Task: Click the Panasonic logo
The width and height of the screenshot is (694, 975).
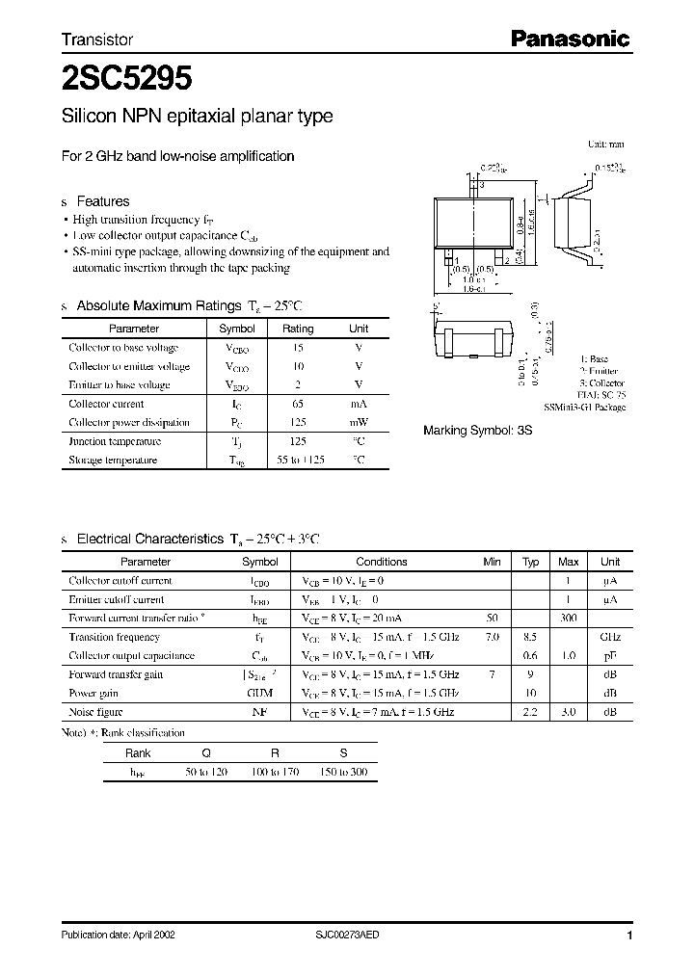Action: pos(570,40)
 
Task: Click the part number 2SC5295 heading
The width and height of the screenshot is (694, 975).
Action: pos(126,77)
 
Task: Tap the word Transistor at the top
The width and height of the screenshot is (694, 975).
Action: pos(97,40)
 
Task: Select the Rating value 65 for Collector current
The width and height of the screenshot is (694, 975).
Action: pos(298,405)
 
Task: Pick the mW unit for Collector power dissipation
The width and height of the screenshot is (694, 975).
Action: pos(359,423)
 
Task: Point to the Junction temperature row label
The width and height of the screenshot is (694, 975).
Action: pos(115,441)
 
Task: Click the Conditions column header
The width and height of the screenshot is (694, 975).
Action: pos(382,562)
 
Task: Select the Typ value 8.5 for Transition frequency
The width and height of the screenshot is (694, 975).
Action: pos(530,637)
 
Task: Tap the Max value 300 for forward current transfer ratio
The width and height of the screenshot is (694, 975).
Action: pos(568,619)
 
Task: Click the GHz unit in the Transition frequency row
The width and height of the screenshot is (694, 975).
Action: pos(610,637)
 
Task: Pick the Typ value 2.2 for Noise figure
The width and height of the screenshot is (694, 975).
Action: pos(530,712)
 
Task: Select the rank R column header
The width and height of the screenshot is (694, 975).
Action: pos(274,754)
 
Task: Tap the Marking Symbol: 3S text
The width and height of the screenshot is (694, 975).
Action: pos(478,432)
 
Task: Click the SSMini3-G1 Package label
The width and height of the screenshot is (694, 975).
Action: pos(584,408)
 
